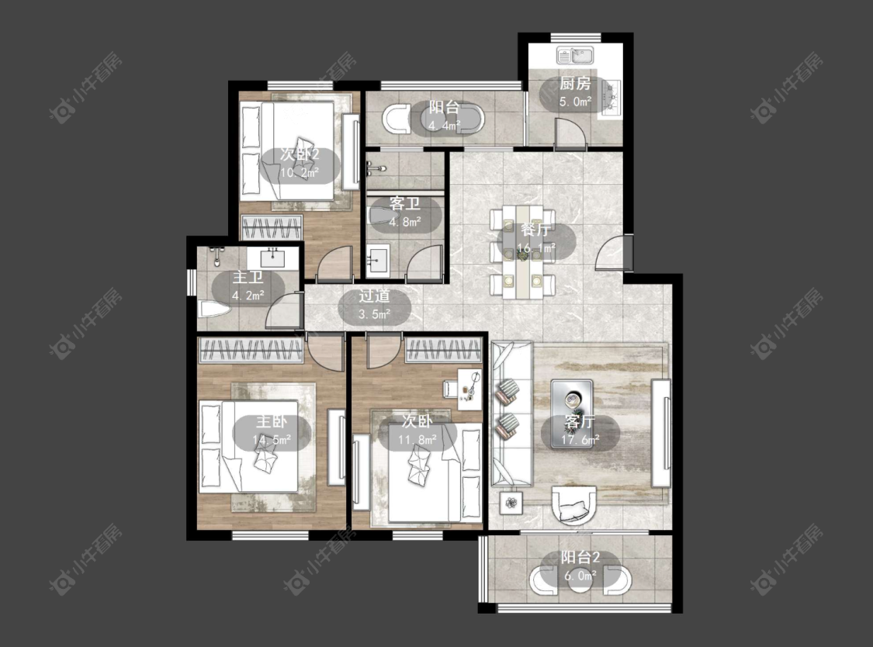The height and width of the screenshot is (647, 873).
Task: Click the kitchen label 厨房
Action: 574,84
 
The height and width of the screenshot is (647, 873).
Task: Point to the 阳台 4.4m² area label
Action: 444,116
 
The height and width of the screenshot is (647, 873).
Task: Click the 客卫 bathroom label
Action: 405,204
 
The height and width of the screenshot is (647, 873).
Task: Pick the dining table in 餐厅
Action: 522,251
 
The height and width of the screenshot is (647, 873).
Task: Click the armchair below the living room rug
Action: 573,505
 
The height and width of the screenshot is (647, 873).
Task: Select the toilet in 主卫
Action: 214,309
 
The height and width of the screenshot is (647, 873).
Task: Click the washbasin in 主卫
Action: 273,258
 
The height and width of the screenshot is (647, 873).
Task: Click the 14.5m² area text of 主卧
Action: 272,440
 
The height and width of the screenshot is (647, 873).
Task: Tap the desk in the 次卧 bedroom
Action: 470,389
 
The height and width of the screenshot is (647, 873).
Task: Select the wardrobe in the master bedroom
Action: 251,350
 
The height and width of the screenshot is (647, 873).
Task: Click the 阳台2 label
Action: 580,558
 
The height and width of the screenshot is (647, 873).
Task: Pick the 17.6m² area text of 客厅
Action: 580,440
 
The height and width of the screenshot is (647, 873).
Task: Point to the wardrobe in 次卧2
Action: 272,227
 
